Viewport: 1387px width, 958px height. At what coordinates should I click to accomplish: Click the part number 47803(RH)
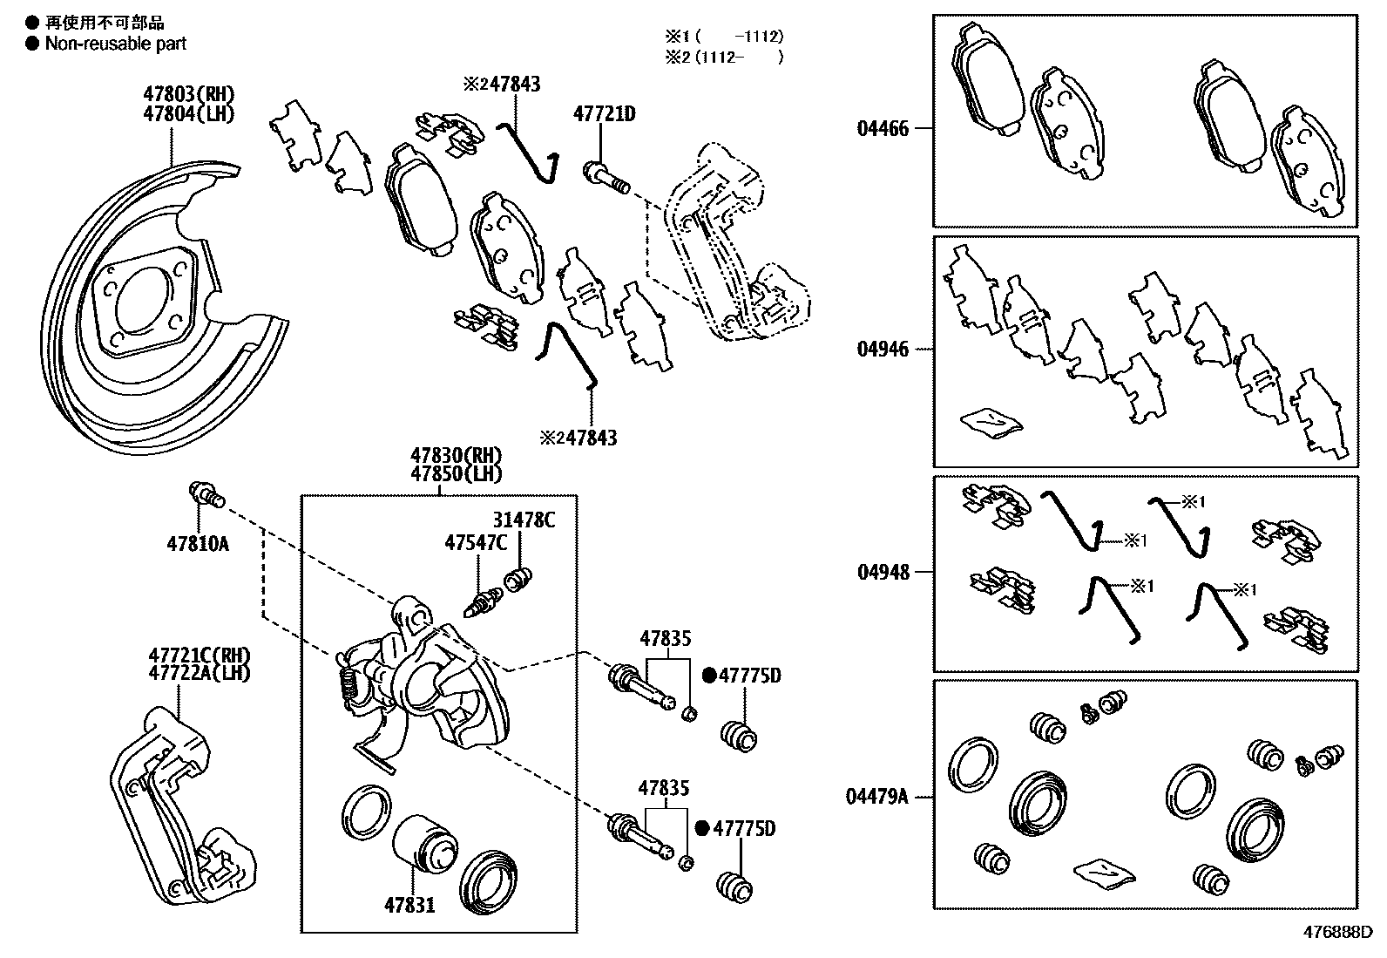coord(189,94)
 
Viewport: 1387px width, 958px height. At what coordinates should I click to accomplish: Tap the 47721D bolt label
coord(604,113)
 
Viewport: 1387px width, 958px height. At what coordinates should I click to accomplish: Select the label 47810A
coord(197,544)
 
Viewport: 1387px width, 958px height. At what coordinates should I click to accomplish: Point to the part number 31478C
coord(524,520)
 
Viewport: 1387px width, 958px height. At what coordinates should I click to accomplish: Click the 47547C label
coord(475,542)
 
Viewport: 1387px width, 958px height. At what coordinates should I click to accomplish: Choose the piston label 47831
coord(409,905)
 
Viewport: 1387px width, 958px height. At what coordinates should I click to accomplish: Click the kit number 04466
coord(883,129)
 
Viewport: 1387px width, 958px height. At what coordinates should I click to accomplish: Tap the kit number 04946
coord(883,350)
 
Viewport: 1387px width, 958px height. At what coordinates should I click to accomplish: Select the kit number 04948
coord(883,572)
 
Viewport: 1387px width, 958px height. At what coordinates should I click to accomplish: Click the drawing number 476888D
coord(1337,932)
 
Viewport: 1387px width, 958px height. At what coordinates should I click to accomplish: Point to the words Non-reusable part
coord(116,43)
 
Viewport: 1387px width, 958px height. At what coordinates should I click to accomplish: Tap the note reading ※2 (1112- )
coord(723,58)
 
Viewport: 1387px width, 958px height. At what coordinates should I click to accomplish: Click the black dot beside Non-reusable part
coord(32,43)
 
